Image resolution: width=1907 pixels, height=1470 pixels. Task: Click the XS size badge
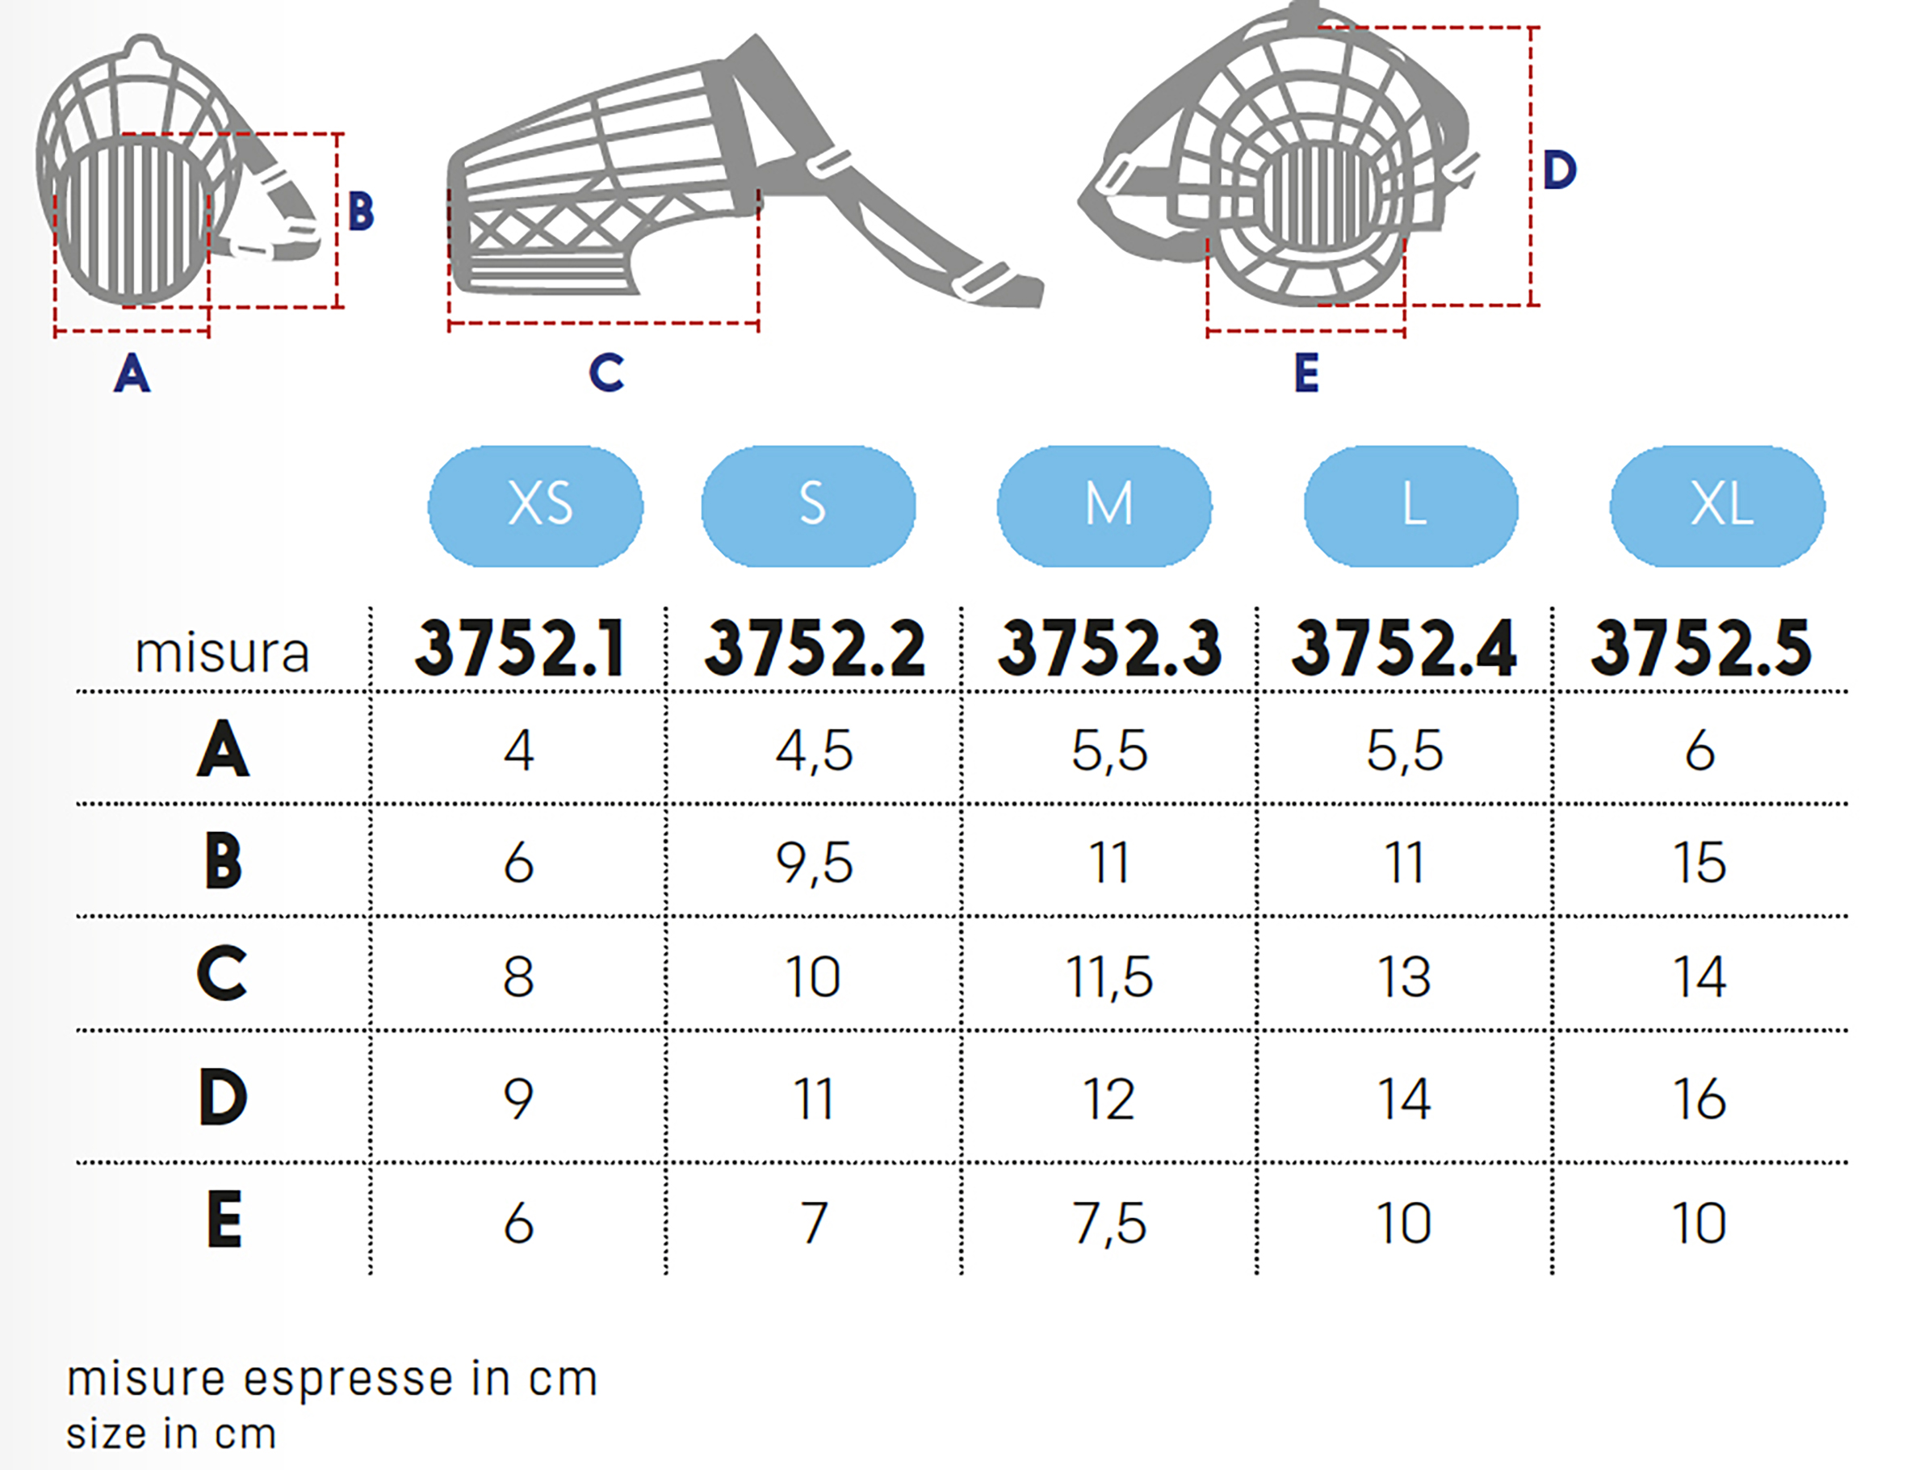(535, 506)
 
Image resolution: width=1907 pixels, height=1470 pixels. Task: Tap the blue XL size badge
(1717, 506)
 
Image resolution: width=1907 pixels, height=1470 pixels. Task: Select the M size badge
(1104, 506)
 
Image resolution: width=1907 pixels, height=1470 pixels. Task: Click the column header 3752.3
(1109, 648)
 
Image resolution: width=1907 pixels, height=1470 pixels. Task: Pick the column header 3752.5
(1701, 648)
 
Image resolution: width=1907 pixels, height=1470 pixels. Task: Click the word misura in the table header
(222, 653)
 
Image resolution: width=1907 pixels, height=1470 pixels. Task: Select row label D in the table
(223, 1097)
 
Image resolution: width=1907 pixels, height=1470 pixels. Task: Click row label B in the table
(223, 861)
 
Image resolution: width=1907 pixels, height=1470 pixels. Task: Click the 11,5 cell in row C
(1109, 976)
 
